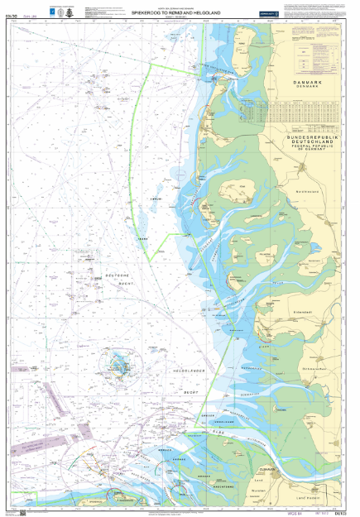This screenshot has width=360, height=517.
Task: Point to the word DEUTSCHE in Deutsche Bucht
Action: click(x=118, y=274)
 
